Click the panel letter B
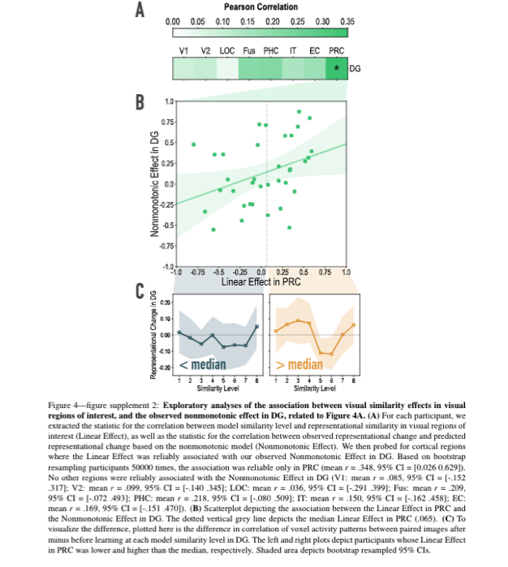pyautogui.click(x=140, y=103)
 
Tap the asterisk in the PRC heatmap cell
pyautogui.click(x=337, y=69)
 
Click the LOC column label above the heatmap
pyautogui.click(x=227, y=51)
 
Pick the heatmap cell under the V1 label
pyautogui.click(x=184, y=69)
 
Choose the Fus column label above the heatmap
pyautogui.click(x=249, y=51)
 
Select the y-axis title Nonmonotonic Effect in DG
pyautogui.click(x=153, y=184)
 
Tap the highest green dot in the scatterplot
pyautogui.click(x=299, y=111)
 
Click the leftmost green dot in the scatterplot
pyautogui.click(x=193, y=144)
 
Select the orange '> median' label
pyautogui.click(x=299, y=364)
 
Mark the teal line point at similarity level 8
pyautogui.click(x=256, y=327)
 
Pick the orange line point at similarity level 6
pyautogui.click(x=332, y=354)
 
